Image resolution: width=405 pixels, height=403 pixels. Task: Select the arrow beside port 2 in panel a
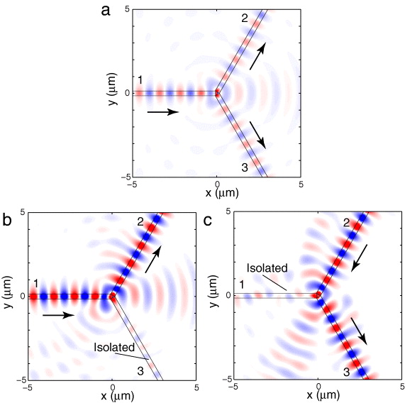(x=258, y=56)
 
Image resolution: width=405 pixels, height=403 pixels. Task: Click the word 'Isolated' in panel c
(x=267, y=268)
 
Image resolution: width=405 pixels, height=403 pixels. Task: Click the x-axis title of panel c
(x=318, y=397)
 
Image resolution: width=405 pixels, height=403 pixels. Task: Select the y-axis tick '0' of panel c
(x=228, y=294)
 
